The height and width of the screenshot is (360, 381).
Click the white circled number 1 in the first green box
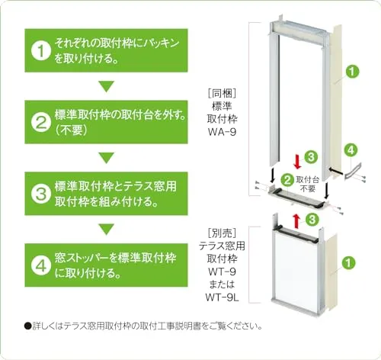point(41,51)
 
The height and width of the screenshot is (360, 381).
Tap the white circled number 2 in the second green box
point(41,122)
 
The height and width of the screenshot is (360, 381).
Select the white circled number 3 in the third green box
point(41,194)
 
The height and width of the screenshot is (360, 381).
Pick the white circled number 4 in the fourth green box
point(41,265)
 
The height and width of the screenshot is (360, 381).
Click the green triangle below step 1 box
point(107,86)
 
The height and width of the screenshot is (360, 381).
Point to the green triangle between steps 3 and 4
point(107,230)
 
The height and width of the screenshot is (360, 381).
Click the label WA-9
point(222,132)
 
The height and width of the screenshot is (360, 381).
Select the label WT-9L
point(222,297)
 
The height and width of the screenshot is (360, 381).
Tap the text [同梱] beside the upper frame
point(222,94)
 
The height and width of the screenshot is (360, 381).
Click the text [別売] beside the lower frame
point(222,233)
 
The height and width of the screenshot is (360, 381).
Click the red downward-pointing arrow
point(297,162)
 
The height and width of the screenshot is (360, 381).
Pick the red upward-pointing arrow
point(296,221)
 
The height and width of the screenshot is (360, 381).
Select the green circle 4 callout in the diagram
point(351,150)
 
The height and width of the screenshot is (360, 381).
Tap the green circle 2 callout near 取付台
point(287,180)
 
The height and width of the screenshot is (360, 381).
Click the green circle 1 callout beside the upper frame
point(352,72)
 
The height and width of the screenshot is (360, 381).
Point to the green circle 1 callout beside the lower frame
point(348,262)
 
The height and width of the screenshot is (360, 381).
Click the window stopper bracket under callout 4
point(354,172)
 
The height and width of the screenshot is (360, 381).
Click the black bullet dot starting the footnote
point(27,326)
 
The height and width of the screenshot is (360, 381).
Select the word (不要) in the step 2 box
point(72,130)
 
